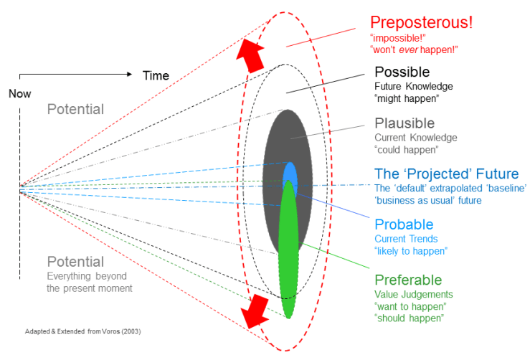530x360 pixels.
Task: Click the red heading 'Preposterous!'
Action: click(421, 22)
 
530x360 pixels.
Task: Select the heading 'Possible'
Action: click(402, 72)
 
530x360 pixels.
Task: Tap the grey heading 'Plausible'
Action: click(404, 123)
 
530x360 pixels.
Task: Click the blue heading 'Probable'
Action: click(402, 224)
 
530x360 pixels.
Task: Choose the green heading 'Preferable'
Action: click(407, 280)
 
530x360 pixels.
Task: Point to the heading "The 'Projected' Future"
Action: click(446, 174)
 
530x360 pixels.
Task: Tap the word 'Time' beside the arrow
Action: click(156, 75)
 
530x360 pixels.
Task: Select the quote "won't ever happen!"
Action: click(414, 49)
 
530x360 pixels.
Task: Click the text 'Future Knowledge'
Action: click(414, 86)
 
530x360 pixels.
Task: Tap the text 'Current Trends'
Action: click(405, 238)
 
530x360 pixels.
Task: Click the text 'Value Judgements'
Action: click(412, 294)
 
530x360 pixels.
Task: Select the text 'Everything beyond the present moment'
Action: click(88, 282)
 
